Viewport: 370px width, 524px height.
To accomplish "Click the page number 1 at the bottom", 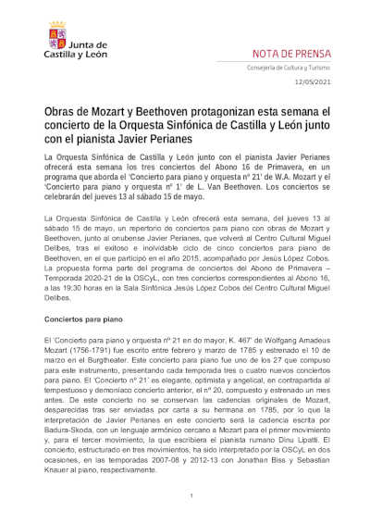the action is [x=190, y=496].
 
